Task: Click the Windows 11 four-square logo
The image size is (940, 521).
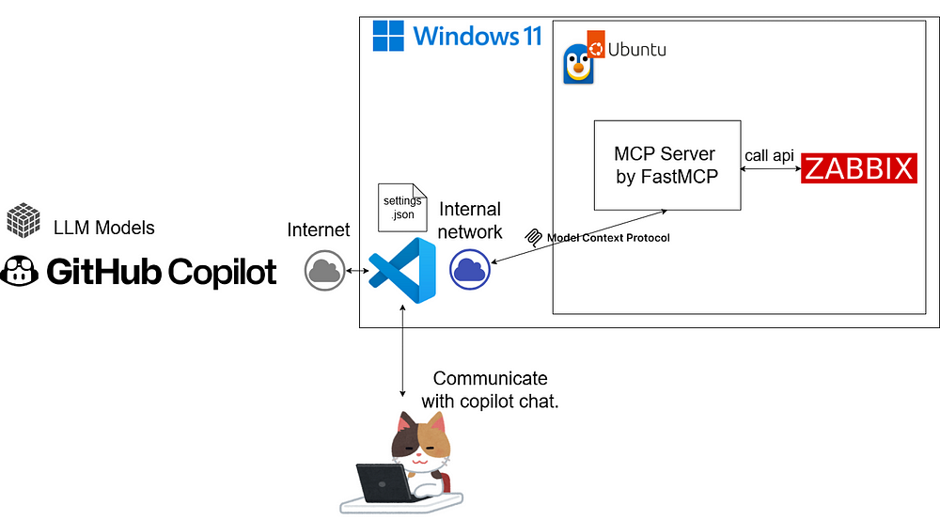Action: [x=389, y=36]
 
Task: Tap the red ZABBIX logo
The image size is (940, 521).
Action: [x=858, y=169]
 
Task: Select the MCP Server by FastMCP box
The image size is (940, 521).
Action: [x=666, y=165]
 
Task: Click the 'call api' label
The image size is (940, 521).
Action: [x=770, y=155]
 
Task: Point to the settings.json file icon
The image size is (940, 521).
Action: [x=398, y=208]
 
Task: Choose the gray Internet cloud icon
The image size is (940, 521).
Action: [x=323, y=271]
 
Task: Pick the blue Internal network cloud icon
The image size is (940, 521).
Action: [x=469, y=271]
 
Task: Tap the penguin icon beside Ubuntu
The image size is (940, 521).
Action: [x=577, y=67]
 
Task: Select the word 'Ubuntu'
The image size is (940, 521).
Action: [x=637, y=49]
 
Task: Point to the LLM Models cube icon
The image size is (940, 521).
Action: [x=23, y=221]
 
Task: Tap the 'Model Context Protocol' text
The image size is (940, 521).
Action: [x=608, y=238]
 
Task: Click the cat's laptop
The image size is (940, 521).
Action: [x=384, y=482]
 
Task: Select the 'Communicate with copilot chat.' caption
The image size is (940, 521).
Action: [x=490, y=389]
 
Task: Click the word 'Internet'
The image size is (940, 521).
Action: [x=318, y=229]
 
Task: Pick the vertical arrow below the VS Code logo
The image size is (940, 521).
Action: [x=402, y=349]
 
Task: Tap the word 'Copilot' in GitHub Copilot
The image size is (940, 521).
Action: [x=222, y=273]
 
